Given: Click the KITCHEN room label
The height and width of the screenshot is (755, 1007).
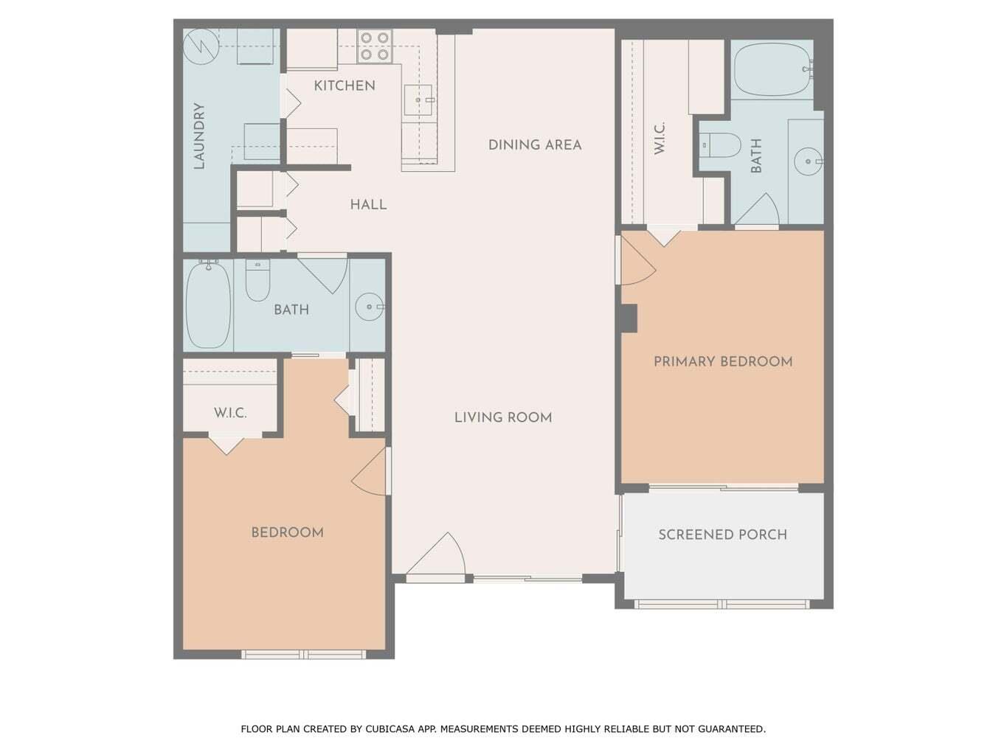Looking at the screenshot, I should pos(345,86).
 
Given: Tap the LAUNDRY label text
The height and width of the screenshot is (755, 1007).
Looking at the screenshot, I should pos(199,136).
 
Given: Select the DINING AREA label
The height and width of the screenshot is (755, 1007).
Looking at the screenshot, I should pos(535,145).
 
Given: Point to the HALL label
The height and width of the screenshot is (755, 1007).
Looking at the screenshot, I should pos(368,204).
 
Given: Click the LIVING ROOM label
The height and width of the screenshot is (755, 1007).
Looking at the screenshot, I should pos(503,417).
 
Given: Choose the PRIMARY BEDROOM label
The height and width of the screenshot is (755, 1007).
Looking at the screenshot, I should pos(723,361).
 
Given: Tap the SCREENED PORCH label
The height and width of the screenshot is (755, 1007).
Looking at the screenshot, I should pos(722,535).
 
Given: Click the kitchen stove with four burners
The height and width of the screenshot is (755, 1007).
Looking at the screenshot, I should pos(374,46).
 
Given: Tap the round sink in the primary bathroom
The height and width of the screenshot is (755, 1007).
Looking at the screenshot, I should pos(809,160).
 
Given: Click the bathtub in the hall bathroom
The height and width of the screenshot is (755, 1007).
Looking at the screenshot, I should pos(208,305).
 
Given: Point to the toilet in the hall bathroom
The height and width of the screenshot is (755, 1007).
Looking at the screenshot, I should pos(257,281).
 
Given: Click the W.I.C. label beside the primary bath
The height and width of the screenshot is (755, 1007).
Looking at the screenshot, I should pos(660,138).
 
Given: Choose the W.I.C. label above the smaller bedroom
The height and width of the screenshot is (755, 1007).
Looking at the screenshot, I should pos(230,413).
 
